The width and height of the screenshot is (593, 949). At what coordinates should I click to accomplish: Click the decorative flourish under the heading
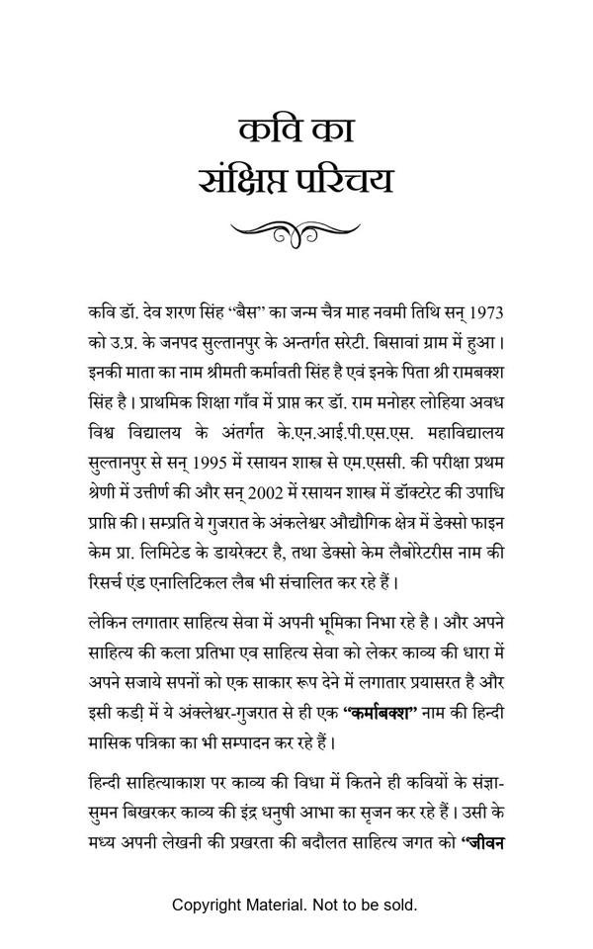coord(296,231)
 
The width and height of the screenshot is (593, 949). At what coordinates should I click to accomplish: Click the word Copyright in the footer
coord(210,905)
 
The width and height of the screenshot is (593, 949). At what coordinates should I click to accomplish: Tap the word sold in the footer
coord(400,905)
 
